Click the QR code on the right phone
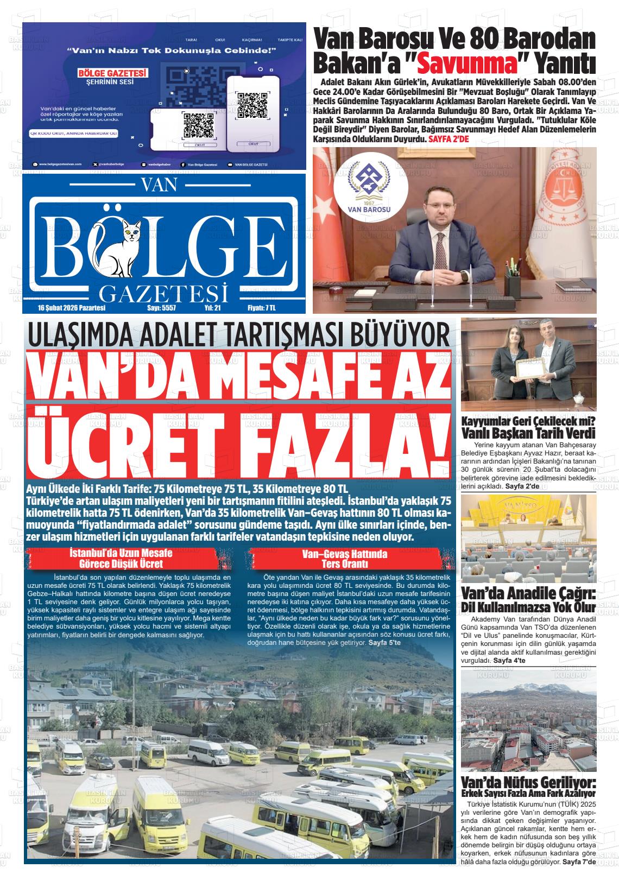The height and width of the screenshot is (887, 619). [x=252, y=106]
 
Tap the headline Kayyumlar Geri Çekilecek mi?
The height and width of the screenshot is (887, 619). [x=528, y=421]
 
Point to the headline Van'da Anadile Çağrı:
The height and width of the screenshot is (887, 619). [x=528, y=593]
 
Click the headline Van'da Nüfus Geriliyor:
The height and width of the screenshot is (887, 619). [x=528, y=782]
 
